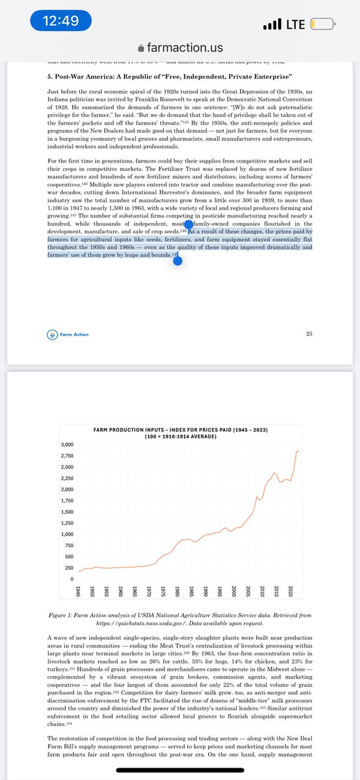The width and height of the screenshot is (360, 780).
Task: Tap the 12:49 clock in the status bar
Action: point(60,21)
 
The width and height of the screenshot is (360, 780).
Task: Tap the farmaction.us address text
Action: point(185,48)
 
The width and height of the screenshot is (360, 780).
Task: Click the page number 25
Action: point(309,334)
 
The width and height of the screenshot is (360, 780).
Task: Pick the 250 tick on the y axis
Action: point(68,568)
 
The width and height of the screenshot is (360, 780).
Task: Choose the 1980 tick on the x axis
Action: point(177,592)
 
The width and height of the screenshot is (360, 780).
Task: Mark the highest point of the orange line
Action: point(298,451)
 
